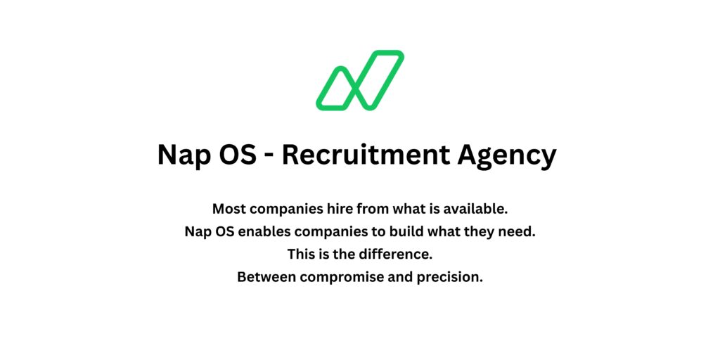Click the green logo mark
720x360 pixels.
pyautogui.click(x=360, y=80)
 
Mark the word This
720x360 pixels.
pyautogui.click(x=302, y=254)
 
